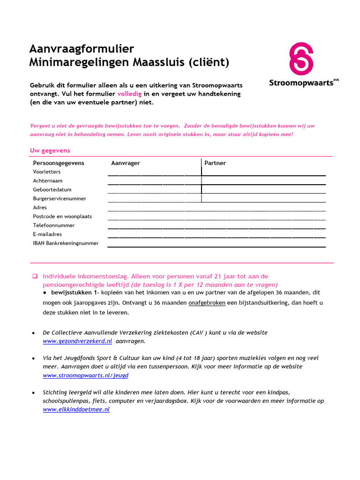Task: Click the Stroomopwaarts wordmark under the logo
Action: click(301, 83)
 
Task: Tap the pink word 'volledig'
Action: click(129, 94)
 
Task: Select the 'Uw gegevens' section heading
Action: click(50, 150)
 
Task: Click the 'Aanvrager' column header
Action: click(125, 163)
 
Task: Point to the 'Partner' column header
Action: click(215, 163)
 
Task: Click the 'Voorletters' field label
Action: click(47, 172)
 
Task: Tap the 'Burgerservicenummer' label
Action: click(60, 199)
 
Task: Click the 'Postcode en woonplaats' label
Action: click(62, 217)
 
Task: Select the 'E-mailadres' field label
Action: click(47, 234)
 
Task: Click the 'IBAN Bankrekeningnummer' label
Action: click(66, 243)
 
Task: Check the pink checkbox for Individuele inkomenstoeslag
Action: click(35, 277)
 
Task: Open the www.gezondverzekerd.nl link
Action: click(77, 342)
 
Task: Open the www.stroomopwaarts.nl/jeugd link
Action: click(85, 375)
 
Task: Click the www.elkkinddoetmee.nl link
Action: click(76, 409)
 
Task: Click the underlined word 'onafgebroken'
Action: click(207, 303)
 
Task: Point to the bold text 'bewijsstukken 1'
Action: click(73, 292)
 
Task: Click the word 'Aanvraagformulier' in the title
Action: click(82, 49)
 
